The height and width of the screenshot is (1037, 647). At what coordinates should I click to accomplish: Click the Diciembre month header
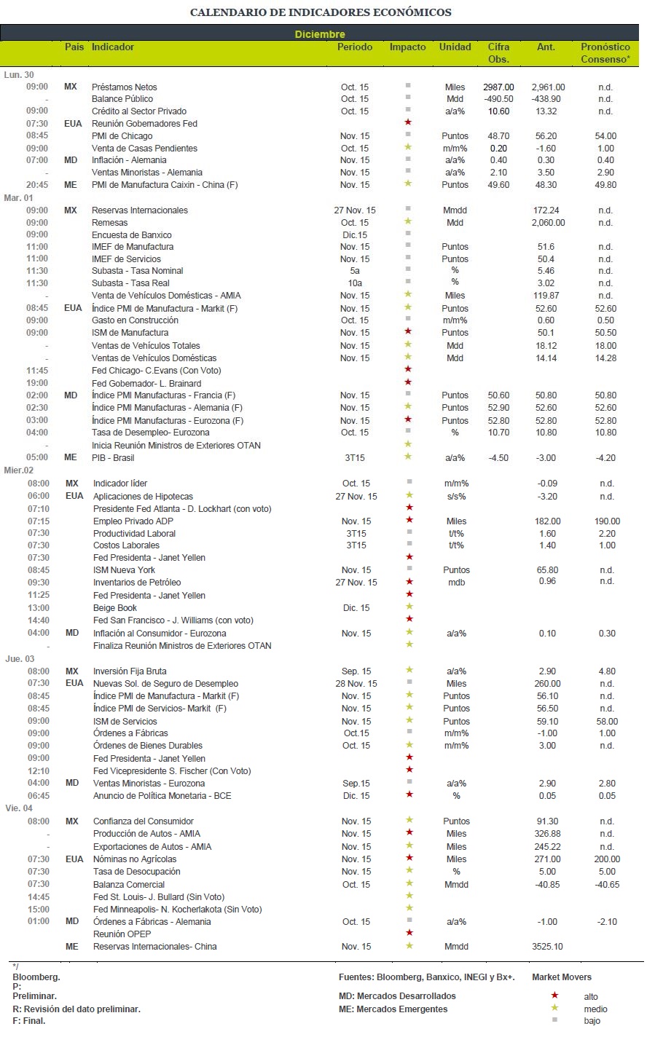pyautogui.click(x=320, y=34)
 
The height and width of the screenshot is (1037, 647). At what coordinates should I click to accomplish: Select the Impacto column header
pyautogui.click(x=407, y=47)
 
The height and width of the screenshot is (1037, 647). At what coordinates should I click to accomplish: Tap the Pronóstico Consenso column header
pyautogui.click(x=605, y=52)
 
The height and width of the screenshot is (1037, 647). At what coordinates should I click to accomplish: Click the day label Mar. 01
pyautogui.click(x=18, y=197)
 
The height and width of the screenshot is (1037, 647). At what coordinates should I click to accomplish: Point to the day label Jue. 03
pyautogui.click(x=20, y=659)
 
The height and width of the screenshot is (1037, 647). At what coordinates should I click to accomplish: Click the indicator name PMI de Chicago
pyautogui.click(x=122, y=136)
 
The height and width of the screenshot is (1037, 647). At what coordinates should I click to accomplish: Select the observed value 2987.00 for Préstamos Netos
pyautogui.click(x=498, y=87)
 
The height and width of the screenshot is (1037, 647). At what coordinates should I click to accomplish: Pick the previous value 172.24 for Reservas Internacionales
pyautogui.click(x=546, y=210)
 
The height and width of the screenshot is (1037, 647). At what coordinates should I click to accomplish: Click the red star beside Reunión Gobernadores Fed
pyautogui.click(x=408, y=122)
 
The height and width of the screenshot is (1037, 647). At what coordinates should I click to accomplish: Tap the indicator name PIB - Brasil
pyautogui.click(x=113, y=458)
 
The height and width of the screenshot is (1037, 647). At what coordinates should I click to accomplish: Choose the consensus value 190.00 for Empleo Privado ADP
pyautogui.click(x=607, y=521)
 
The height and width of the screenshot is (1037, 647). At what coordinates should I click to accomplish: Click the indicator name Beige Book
pyautogui.click(x=115, y=608)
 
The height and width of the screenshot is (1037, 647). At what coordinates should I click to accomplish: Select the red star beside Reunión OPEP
pyautogui.click(x=409, y=932)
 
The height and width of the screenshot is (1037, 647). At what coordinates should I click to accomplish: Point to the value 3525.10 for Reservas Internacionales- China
pyautogui.click(x=547, y=947)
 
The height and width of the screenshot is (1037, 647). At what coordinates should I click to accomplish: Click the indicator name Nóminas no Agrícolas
pyautogui.click(x=135, y=859)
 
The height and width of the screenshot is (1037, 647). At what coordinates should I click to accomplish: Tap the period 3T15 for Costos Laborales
pyautogui.click(x=356, y=545)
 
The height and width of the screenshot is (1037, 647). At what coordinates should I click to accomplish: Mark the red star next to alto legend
pyautogui.click(x=554, y=995)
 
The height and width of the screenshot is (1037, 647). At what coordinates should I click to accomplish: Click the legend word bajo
pyautogui.click(x=592, y=1021)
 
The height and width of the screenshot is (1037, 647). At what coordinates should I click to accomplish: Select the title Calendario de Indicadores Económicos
pyautogui.click(x=321, y=12)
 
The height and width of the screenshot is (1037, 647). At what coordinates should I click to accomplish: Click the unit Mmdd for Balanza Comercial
pyautogui.click(x=456, y=885)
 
